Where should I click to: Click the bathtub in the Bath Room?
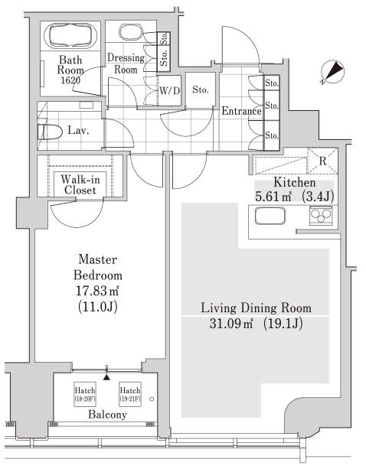click(70, 34)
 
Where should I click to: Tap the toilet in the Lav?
click(50, 132)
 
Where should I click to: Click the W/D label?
click(170, 90)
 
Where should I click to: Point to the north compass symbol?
click(332, 73)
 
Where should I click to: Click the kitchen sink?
click(270, 216)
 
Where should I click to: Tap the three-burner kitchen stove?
click(321, 215)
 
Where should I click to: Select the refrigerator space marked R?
click(322, 161)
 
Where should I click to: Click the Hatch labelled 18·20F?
click(85, 394)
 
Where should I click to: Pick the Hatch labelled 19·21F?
click(130, 394)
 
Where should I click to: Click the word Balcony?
click(107, 415)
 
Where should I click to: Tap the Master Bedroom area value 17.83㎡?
click(97, 291)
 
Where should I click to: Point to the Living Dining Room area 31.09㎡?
click(231, 324)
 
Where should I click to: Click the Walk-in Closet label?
click(80, 184)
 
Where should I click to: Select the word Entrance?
click(241, 111)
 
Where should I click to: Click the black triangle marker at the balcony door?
click(106, 377)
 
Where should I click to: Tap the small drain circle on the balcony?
click(152, 399)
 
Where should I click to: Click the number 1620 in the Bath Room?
click(70, 80)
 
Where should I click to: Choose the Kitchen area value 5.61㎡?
click(273, 197)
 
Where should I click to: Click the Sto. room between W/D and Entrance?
click(200, 90)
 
